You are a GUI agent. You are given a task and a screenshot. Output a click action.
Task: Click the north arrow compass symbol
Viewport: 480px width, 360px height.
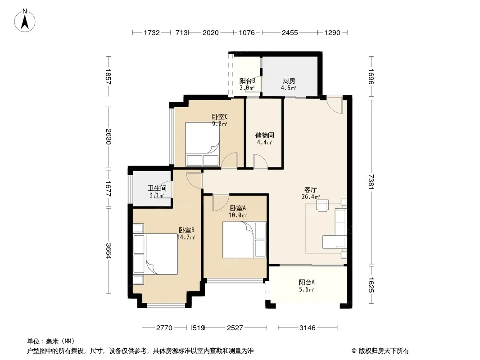[x=25, y=21]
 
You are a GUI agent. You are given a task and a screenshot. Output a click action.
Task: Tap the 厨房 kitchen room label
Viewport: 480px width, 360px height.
[x=289, y=81]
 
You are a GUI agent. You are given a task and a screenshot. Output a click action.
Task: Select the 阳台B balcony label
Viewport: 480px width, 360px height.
[x=247, y=81]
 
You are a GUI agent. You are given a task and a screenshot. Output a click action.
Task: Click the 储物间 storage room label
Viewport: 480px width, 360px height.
[x=264, y=135]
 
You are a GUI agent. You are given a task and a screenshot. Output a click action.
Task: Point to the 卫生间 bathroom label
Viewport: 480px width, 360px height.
[x=157, y=189]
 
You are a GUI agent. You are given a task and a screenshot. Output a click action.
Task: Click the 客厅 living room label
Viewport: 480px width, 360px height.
[x=310, y=189]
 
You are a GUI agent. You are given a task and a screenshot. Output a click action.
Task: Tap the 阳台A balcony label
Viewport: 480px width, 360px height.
[x=307, y=282]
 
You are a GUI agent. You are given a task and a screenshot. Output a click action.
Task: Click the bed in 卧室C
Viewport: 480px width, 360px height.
[x=202, y=144]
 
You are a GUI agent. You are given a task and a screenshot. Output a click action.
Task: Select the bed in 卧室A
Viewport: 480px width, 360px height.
[x=244, y=239]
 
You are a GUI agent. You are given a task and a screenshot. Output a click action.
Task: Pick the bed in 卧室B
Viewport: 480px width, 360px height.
[x=155, y=254]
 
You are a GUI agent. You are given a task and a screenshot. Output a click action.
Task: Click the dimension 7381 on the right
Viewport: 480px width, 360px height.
[x=371, y=182]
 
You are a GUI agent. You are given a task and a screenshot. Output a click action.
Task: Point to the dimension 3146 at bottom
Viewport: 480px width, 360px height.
[x=308, y=328]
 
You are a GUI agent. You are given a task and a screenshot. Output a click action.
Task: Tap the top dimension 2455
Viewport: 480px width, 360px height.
[x=290, y=32]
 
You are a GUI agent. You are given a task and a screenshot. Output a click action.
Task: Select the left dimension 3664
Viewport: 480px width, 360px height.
[x=109, y=251]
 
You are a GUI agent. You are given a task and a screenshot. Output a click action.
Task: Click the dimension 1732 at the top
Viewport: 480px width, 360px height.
[x=152, y=32]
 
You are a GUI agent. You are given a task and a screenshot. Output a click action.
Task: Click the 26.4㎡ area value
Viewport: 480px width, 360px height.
[x=311, y=197]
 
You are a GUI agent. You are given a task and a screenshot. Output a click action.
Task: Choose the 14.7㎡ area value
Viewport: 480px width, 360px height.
[x=186, y=237]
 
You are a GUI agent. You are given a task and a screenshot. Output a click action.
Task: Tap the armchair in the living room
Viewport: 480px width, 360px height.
[x=322, y=206]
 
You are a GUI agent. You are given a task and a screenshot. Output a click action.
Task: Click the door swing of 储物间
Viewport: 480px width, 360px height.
[x=261, y=161]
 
